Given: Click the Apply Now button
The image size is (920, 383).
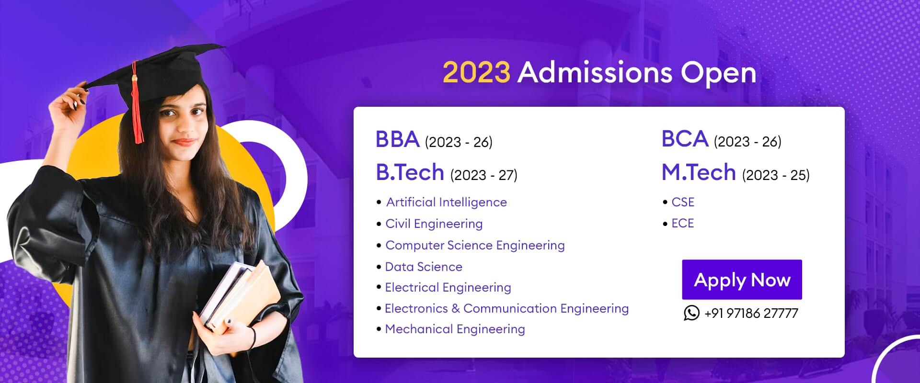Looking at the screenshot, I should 742,280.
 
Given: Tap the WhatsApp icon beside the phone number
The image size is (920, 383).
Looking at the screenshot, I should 691,313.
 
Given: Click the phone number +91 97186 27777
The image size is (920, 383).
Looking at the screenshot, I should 751,314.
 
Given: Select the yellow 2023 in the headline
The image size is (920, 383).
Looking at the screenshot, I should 476,73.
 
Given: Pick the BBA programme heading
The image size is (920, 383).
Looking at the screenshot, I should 398,139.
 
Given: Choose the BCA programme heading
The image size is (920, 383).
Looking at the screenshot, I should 685,139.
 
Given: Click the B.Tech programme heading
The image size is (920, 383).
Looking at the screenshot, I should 410,172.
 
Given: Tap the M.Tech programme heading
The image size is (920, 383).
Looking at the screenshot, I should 699,172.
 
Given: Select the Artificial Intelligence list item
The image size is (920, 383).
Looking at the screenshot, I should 446,203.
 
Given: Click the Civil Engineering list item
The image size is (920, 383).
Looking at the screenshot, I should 434,224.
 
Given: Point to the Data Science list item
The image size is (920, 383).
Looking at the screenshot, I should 424,267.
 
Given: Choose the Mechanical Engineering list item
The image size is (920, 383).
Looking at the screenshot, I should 455,329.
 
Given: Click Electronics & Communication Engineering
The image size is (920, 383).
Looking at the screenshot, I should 506,308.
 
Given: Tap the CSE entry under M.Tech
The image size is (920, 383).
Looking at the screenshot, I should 683,202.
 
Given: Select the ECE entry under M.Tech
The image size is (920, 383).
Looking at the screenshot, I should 682,223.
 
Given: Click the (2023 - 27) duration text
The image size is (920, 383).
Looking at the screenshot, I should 483,175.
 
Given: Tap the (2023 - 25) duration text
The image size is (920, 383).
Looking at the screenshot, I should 776,175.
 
